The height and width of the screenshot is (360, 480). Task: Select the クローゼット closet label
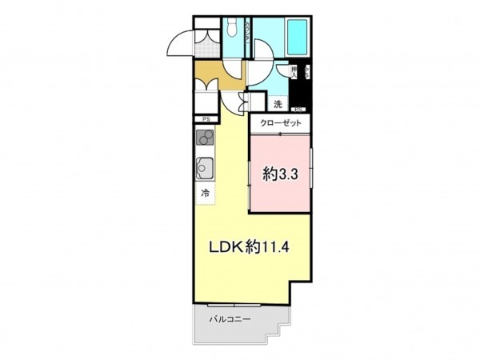281,124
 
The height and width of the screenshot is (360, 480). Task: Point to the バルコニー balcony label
230,319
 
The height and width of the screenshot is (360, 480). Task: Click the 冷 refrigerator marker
206,193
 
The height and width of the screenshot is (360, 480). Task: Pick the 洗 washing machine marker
278,105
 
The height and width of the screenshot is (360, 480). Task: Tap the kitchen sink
204,168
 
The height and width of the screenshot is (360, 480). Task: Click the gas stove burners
204,138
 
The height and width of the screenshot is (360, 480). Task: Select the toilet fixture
230,29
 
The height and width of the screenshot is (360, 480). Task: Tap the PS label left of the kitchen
206,119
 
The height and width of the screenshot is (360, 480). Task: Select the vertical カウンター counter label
250,36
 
